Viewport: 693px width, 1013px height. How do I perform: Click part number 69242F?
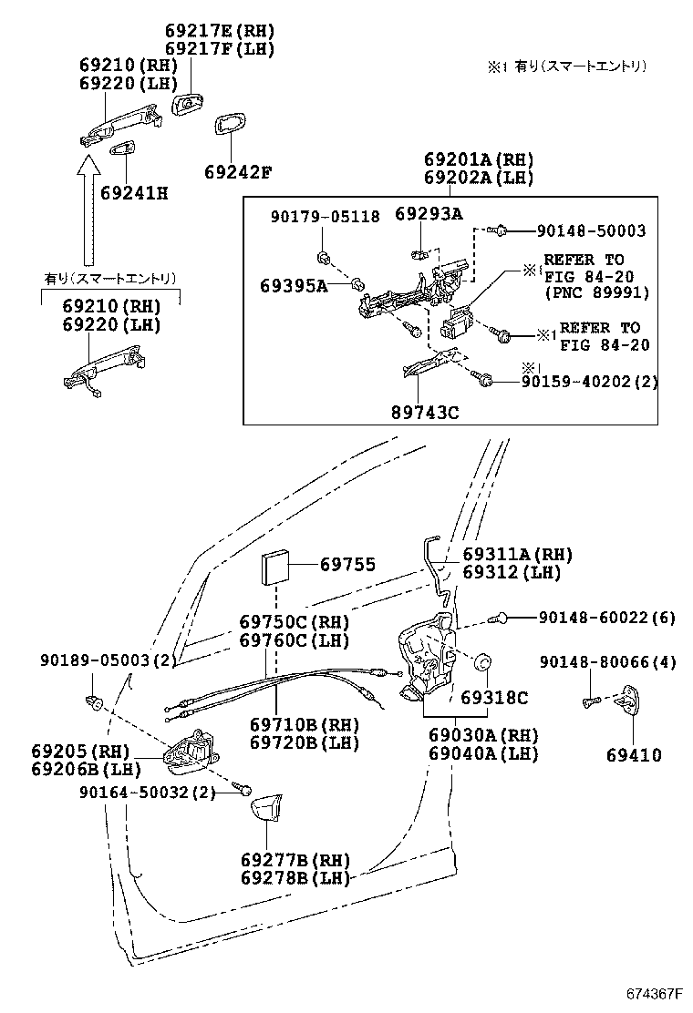pyautogui.click(x=237, y=172)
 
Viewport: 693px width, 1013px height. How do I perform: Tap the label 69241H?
pyautogui.click(x=134, y=193)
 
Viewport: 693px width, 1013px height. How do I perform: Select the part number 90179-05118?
pyautogui.click(x=326, y=217)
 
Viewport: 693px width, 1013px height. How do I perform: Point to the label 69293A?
pyautogui.click(x=429, y=214)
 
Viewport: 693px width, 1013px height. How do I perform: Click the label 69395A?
pyautogui.click(x=294, y=285)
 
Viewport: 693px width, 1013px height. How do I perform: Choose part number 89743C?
pyautogui.click(x=425, y=412)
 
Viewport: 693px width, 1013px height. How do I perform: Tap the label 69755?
pyautogui.click(x=347, y=565)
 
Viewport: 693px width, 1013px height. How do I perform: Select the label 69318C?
pyautogui.click(x=494, y=698)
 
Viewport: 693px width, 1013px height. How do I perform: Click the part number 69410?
pyautogui.click(x=635, y=754)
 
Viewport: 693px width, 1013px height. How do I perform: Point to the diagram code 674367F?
pyautogui.click(x=655, y=992)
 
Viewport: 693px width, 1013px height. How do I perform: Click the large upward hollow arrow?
pyautogui.click(x=88, y=210)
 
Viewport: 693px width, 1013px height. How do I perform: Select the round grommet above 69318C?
pyautogui.click(x=484, y=663)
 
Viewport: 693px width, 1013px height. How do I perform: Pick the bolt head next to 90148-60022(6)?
pyautogui.click(x=498, y=619)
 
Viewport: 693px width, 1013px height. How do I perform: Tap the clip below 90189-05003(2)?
pyautogui.click(x=94, y=701)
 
